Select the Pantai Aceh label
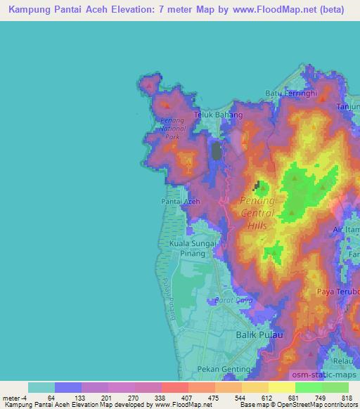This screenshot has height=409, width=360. click(181, 202)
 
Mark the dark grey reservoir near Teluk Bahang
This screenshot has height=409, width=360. click(217, 151)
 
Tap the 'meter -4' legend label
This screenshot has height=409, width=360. click(15, 398)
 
